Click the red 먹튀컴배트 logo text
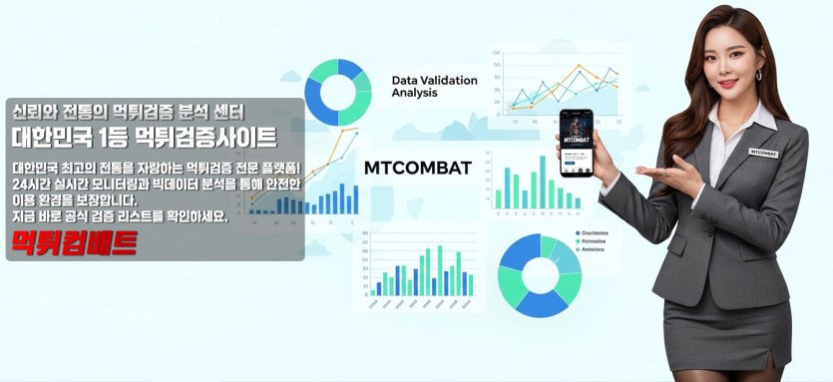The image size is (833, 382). (73, 242)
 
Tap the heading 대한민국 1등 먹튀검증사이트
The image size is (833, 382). (145, 135)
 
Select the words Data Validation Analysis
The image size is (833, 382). (434, 87)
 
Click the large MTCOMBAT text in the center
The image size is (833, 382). (418, 168)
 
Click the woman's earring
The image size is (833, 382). (757, 75)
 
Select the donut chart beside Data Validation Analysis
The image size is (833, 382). (337, 93)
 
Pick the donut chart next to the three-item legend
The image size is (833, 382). (539, 273)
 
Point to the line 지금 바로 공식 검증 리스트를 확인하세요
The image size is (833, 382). (120, 215)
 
